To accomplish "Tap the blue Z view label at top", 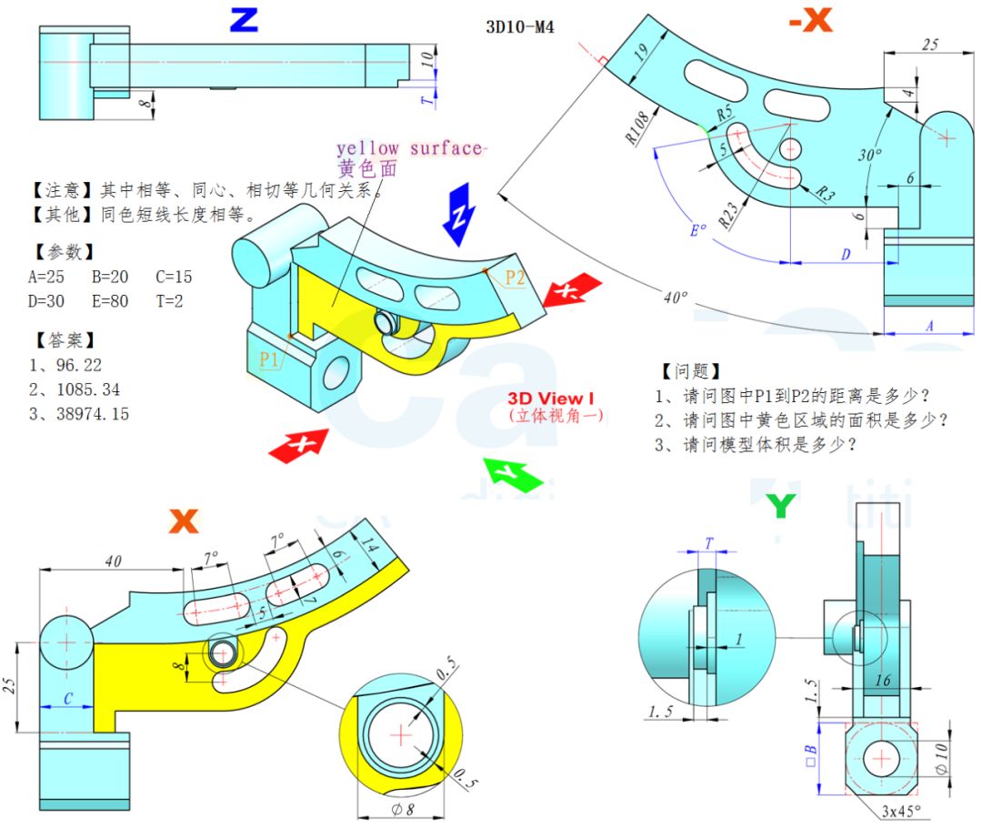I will pyautogui.click(x=243, y=19).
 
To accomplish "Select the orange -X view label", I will pyautogui.click(x=808, y=19).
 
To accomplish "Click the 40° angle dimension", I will pyautogui.click(x=675, y=297).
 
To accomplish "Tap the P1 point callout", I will pyautogui.click(x=269, y=359).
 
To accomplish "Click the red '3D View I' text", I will pyautogui.click(x=550, y=398).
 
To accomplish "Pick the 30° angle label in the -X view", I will pyautogui.click(x=870, y=155).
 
